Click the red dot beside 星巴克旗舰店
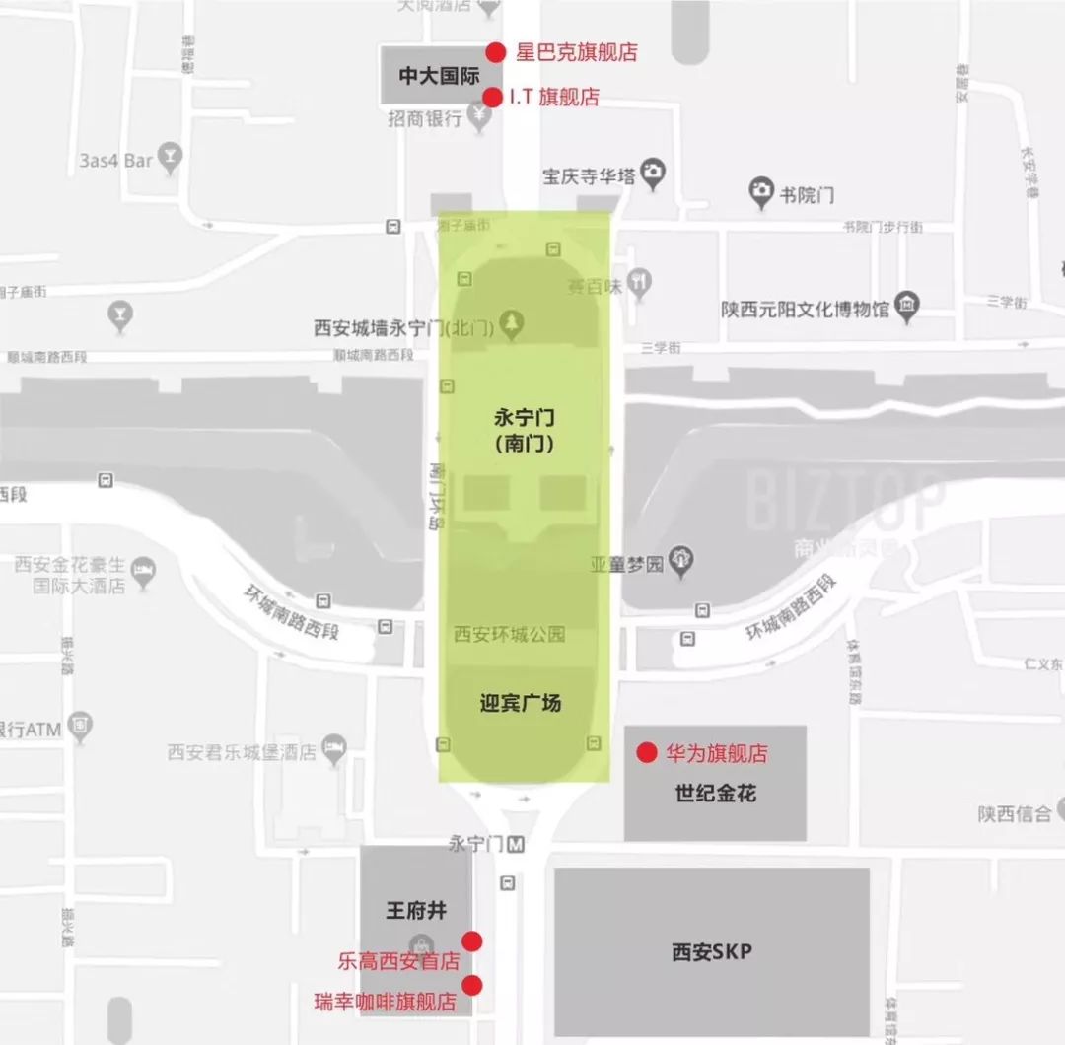point(496,52)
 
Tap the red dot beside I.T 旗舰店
point(492,98)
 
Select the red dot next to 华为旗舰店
point(646,753)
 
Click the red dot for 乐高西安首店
point(472,940)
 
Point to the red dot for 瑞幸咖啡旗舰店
point(472,984)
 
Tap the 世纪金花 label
point(715,793)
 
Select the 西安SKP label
point(711,952)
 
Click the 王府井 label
point(415,910)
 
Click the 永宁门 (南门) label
point(524,431)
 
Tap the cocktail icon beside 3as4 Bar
point(172,158)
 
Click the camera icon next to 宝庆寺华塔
point(652,174)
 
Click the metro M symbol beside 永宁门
point(516,845)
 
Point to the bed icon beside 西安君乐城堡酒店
point(335,750)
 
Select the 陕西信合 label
point(1015,813)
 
